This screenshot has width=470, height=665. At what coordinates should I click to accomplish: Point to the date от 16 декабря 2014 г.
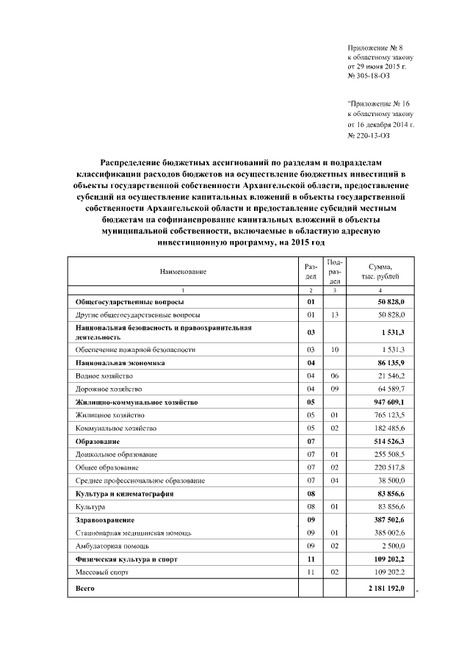380,125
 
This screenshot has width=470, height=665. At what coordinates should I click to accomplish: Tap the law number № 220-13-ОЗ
369,135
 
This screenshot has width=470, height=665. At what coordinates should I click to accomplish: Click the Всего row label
85,589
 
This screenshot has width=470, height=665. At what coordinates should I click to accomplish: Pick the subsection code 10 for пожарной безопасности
334,350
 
